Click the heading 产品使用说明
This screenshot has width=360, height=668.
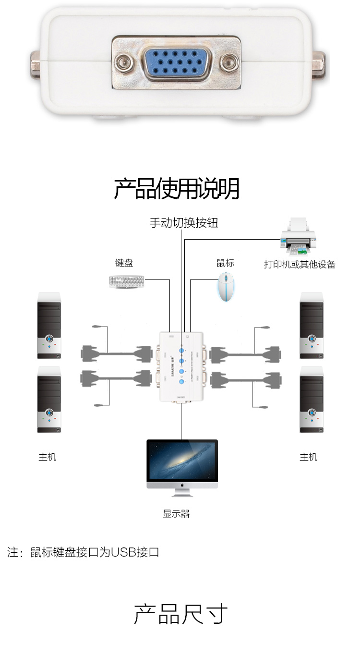(177, 188)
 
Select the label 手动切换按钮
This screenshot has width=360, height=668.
(184, 223)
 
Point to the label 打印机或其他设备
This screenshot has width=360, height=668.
(300, 264)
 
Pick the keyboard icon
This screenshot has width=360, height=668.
(125, 281)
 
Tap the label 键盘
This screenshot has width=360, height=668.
(124, 263)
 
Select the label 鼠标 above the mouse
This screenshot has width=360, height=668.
(226, 263)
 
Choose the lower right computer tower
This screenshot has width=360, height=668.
(312, 399)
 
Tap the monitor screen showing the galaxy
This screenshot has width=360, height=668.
(182, 461)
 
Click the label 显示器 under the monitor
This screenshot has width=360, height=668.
(176, 514)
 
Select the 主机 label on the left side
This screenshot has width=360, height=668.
(48, 457)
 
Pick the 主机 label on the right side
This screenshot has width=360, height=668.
(309, 457)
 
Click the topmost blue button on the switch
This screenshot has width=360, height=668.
(182, 350)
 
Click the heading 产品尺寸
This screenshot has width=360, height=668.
(180, 614)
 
